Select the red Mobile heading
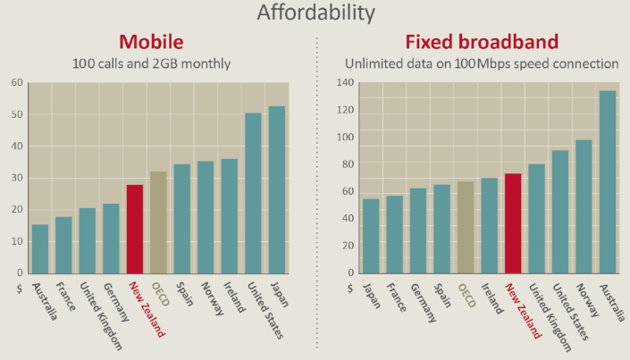(x=151, y=42)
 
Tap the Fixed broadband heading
(x=482, y=42)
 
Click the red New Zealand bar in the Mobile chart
(x=135, y=229)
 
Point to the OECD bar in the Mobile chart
(x=158, y=222)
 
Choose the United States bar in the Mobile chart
(x=254, y=193)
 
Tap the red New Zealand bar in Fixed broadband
(x=513, y=223)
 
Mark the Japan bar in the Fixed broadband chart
(x=371, y=236)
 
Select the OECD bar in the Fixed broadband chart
(x=466, y=227)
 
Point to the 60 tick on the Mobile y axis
(x=17, y=83)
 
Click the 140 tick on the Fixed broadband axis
(x=345, y=83)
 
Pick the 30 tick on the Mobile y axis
(x=17, y=178)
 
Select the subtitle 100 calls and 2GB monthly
(x=151, y=64)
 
